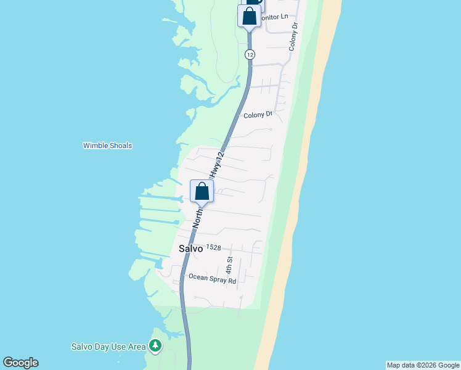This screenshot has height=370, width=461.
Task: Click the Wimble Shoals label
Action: pos(107,146)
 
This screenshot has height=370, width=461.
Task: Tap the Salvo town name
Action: pos(191,250)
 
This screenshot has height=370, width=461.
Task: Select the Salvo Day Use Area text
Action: pos(108,347)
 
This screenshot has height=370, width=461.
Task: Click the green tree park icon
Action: pos(155,346)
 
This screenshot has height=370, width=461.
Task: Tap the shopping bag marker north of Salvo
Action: pos(202,192)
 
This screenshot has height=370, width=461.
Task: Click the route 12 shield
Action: pos(249,55)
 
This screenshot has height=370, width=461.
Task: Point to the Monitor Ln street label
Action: pos(274,17)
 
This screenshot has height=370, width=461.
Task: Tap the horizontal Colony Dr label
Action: pos(258,115)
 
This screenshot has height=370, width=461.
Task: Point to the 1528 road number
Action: pos(214,247)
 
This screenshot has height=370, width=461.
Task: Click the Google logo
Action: pos(20,363)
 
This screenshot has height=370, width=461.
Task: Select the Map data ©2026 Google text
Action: pos(423,365)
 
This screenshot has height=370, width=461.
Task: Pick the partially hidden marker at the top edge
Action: pos(254,3)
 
